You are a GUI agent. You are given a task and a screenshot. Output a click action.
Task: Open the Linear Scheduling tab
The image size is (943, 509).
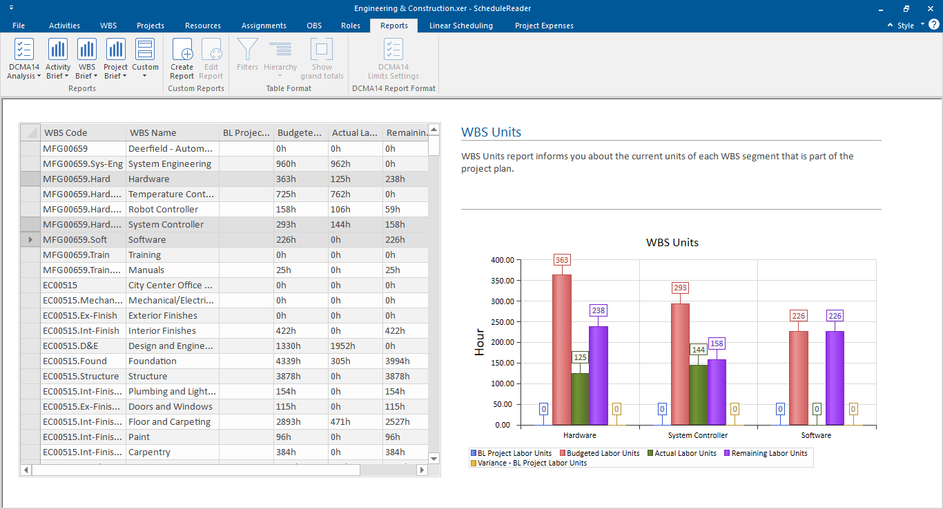460,26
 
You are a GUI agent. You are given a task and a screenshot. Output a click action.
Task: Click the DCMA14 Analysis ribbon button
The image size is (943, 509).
24,59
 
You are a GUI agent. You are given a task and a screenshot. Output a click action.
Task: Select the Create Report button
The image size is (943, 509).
182,59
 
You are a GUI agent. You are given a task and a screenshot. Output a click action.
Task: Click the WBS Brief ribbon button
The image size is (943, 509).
86,59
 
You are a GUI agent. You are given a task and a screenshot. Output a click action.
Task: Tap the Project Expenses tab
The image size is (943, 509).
544,26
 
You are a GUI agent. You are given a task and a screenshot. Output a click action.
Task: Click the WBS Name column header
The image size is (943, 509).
153,132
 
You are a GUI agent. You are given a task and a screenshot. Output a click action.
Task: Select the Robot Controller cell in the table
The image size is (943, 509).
163,209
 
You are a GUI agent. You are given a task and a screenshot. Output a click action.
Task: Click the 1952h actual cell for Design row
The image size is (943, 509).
343,346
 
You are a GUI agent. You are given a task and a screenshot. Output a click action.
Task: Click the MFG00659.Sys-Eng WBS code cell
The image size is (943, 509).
83,163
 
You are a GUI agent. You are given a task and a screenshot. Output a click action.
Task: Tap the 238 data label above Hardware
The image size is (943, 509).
598,310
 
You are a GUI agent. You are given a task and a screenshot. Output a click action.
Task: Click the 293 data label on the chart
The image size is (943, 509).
680,288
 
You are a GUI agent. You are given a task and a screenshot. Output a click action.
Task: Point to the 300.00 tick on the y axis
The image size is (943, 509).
501,301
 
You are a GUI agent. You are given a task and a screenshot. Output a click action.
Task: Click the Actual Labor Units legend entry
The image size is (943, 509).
686,453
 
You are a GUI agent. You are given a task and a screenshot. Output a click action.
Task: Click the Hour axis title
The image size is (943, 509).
480,342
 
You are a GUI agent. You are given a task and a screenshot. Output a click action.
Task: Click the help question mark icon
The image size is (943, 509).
933,25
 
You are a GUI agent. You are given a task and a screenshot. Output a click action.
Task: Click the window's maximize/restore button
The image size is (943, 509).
906,8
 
